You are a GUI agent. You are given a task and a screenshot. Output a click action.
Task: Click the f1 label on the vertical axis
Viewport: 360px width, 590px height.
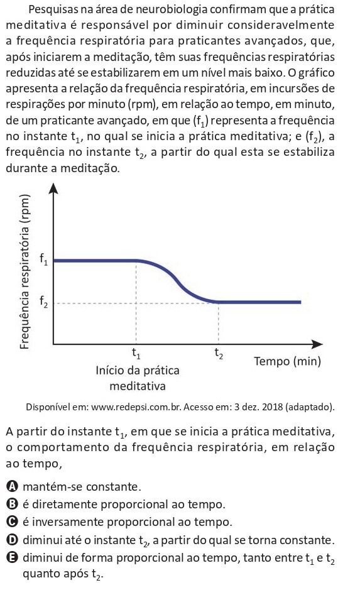pyautogui.click(x=43, y=259)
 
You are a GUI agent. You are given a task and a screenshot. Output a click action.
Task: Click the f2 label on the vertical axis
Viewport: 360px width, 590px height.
pyautogui.click(x=43, y=302)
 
